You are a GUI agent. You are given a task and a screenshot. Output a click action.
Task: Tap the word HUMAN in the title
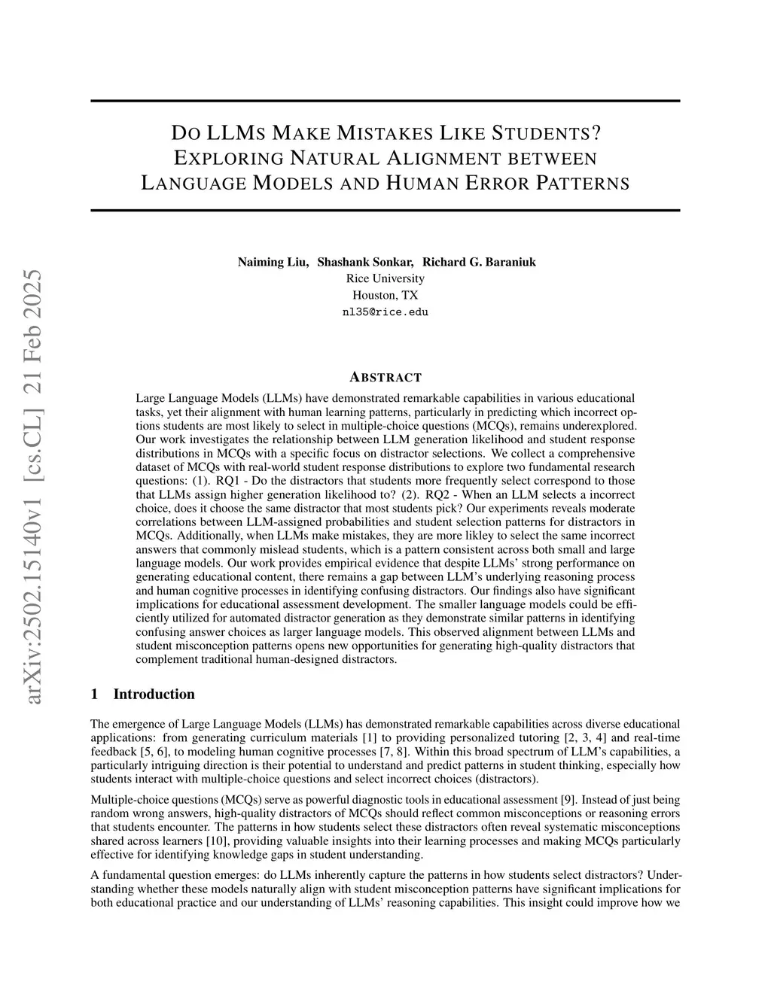(424, 183)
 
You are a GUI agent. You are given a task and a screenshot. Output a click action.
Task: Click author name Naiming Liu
(272, 262)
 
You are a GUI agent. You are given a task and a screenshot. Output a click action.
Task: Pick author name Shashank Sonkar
(365, 262)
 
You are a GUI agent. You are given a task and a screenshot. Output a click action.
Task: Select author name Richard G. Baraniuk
(479, 262)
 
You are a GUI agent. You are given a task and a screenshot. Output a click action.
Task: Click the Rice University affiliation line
(385, 278)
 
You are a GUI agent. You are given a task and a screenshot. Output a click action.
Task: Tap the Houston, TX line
(385, 295)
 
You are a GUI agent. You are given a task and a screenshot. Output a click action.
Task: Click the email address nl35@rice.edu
(385, 312)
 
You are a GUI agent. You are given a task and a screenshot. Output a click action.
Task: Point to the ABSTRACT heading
(385, 377)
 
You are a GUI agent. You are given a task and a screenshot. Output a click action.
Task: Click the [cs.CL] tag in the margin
(34, 439)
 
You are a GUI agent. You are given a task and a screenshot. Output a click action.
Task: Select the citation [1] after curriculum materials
(369, 737)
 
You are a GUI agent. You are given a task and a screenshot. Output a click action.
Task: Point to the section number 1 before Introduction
(94, 694)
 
